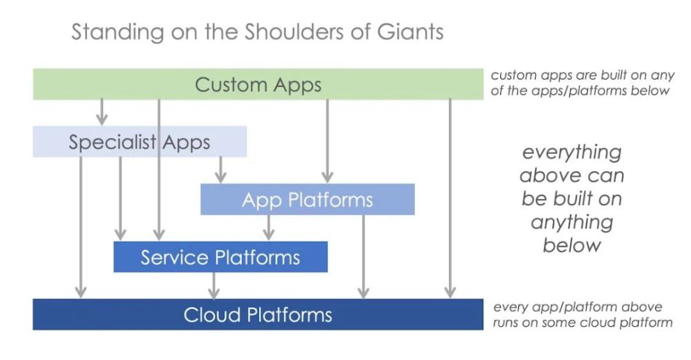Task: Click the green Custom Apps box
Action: [x=258, y=84]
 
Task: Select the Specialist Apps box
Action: [x=140, y=142]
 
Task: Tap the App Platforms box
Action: [x=307, y=199]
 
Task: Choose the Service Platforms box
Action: [x=220, y=257]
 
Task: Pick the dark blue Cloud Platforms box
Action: [x=258, y=314]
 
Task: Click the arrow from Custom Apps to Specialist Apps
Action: [x=102, y=113]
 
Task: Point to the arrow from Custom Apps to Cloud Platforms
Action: [x=450, y=199]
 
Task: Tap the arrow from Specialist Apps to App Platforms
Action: [x=220, y=170]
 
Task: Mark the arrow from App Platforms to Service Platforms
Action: [x=268, y=228]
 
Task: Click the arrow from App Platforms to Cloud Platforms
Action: [x=363, y=256]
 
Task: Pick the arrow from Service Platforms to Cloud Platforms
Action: [x=214, y=285]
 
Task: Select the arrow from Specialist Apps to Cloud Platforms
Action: [x=81, y=227]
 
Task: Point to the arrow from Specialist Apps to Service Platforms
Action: [x=120, y=199]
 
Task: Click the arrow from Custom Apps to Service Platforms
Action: [x=159, y=170]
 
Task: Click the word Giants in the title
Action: [x=410, y=32]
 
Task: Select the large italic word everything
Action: [x=572, y=153]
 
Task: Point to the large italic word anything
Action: [x=572, y=222]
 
